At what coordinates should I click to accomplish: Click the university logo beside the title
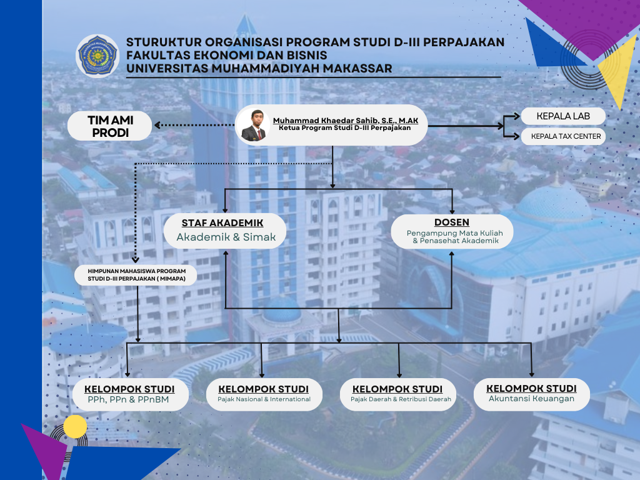pyautogui.click(x=97, y=56)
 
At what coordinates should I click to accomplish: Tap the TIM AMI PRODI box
pyautogui.click(x=110, y=126)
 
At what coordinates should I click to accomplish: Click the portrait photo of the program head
pyautogui.click(x=254, y=125)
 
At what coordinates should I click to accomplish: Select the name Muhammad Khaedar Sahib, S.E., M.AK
pyautogui.click(x=345, y=121)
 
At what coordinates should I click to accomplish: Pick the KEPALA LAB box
pyautogui.click(x=563, y=116)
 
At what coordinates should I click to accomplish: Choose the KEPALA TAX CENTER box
pyautogui.click(x=563, y=136)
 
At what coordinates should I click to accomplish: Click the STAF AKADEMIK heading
pyautogui.click(x=222, y=223)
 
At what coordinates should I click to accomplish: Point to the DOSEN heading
pyautogui.click(x=452, y=222)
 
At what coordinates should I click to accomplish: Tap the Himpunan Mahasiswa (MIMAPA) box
pyautogui.click(x=136, y=275)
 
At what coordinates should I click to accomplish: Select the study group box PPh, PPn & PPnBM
pyautogui.click(x=130, y=394)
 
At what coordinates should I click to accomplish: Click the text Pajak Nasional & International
pyautogui.click(x=264, y=399)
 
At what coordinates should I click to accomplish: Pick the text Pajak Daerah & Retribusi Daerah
pyautogui.click(x=401, y=399)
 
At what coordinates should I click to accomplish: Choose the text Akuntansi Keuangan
pyautogui.click(x=531, y=398)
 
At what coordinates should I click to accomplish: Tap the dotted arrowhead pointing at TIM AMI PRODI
pyautogui.click(x=157, y=125)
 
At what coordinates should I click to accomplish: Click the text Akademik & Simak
pyautogui.click(x=226, y=237)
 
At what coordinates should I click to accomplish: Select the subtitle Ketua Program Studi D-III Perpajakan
pyautogui.click(x=345, y=127)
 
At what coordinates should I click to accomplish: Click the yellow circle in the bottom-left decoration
pyautogui.click(x=75, y=426)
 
